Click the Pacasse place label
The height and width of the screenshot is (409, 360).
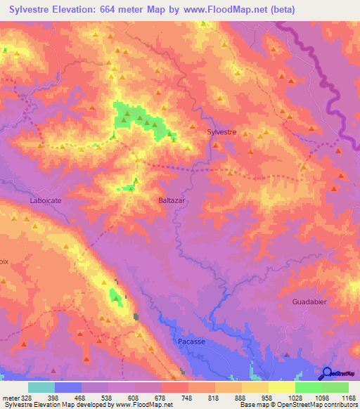click(190, 342)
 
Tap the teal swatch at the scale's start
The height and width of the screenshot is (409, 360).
click(41, 387)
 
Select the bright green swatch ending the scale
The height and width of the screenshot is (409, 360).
click(335, 387)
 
